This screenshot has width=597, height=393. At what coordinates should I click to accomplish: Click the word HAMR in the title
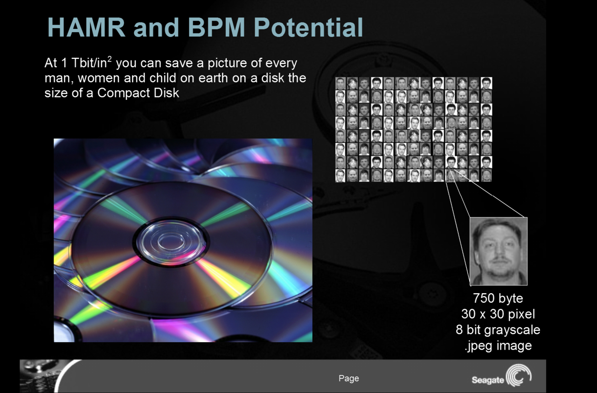pos(86,27)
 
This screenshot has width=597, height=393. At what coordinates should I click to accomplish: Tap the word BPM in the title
pos(216,27)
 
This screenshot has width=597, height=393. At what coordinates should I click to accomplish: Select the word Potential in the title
pos(308,27)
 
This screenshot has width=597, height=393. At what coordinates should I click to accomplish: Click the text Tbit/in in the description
pos(89,63)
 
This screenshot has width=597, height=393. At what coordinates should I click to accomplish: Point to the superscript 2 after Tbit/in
pos(110,59)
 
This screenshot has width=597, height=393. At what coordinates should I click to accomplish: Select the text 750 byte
pos(498,298)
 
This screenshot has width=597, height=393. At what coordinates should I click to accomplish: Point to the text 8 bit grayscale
pos(498,330)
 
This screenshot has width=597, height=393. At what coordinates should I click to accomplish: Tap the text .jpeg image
pos(498,345)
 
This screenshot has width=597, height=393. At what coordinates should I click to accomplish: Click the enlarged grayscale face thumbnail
pos(499,251)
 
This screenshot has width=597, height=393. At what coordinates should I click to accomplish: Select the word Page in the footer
pos(348,379)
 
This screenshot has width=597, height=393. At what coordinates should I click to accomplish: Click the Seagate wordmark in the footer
pos(488,380)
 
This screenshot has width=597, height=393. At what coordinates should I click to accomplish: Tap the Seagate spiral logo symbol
pos(519,376)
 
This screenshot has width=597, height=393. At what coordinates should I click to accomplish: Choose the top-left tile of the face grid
pos(340,83)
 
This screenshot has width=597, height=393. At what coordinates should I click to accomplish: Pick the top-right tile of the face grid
pos(486,83)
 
